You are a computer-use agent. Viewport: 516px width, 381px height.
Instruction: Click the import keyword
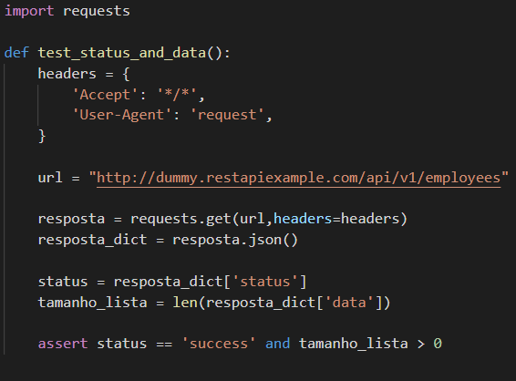tap(29, 11)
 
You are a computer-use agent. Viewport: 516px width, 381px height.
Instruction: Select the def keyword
tap(16, 53)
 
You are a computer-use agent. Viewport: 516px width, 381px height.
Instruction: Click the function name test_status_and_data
tap(122, 53)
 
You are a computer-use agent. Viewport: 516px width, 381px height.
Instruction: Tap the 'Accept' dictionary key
tap(105, 95)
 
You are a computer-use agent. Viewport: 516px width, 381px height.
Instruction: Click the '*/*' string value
tap(177, 95)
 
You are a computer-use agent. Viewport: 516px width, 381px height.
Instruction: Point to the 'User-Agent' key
tap(122, 115)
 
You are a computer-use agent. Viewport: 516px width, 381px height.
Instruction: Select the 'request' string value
tap(227, 115)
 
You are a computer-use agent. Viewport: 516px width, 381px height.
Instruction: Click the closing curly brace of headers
tap(42, 136)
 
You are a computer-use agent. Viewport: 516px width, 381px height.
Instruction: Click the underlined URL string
tap(298, 178)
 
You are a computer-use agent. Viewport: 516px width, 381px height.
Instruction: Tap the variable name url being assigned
tap(50, 178)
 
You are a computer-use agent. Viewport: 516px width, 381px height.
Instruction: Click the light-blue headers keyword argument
tap(303, 219)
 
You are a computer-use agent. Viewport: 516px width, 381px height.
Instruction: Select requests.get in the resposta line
tap(181, 219)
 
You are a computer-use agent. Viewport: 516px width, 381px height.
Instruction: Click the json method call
tap(265, 240)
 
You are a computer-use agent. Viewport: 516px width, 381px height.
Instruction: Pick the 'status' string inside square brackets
tap(265, 282)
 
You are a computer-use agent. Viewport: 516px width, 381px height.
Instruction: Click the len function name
tap(185, 303)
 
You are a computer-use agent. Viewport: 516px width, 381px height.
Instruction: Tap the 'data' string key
tap(349, 303)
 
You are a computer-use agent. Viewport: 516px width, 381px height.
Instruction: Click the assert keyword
tap(63, 344)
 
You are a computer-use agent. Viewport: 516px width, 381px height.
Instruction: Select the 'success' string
tap(219, 344)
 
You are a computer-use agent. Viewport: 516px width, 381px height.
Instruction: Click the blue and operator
tap(278, 344)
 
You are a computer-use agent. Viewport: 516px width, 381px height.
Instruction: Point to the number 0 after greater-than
tap(438, 344)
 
